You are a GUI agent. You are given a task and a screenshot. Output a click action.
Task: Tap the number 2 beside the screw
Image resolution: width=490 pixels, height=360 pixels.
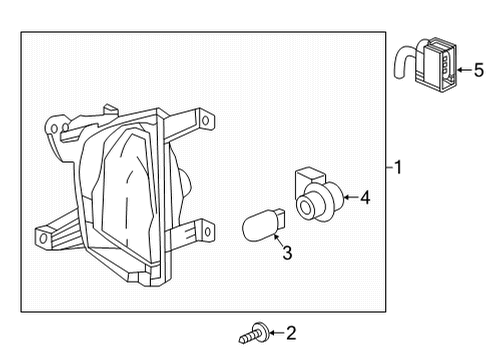(291, 332)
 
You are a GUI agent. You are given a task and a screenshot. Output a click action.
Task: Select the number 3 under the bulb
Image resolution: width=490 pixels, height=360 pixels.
(286, 254)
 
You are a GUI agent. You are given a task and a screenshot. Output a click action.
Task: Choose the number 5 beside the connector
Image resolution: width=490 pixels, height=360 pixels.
(478, 70)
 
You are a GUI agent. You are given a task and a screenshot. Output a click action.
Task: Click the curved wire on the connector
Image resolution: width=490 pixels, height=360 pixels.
(402, 64)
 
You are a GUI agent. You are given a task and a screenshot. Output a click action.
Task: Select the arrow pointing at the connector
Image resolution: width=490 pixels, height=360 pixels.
(462, 70)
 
